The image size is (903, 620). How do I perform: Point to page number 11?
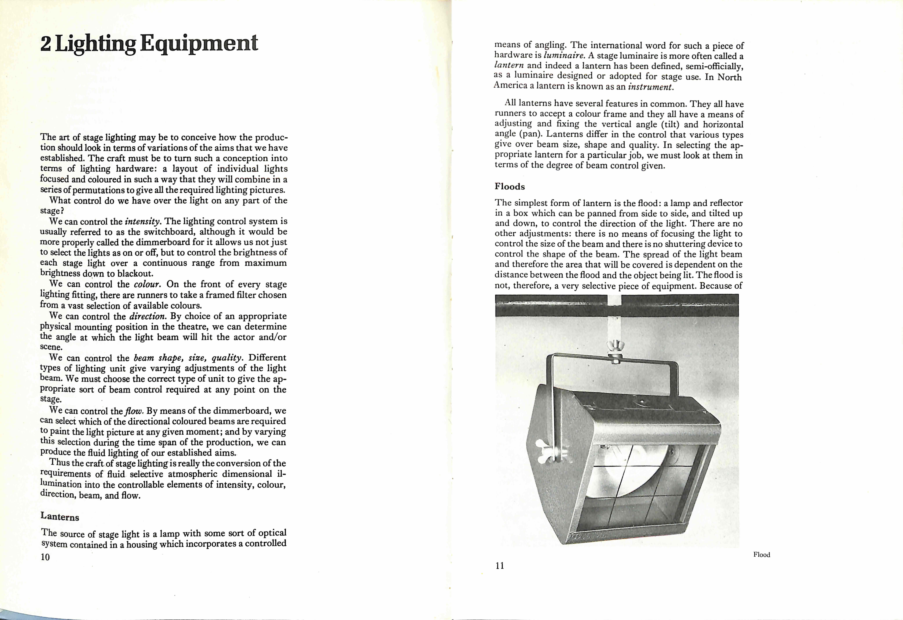(x=500, y=566)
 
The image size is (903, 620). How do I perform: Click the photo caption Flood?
(x=762, y=555)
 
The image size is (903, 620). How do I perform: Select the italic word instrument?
(x=650, y=87)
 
